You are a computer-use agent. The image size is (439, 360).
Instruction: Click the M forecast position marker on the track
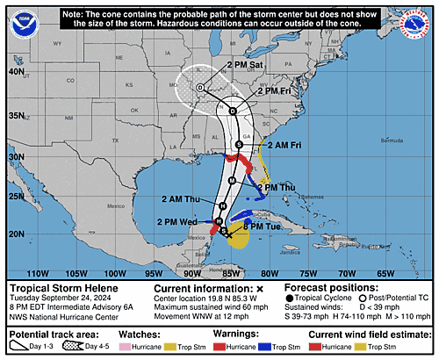click(232, 180)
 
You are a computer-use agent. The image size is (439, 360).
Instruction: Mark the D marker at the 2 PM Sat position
click(200, 88)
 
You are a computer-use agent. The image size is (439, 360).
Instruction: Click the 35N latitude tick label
click(16, 115)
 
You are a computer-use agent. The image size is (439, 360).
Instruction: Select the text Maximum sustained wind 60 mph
click(212, 307)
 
